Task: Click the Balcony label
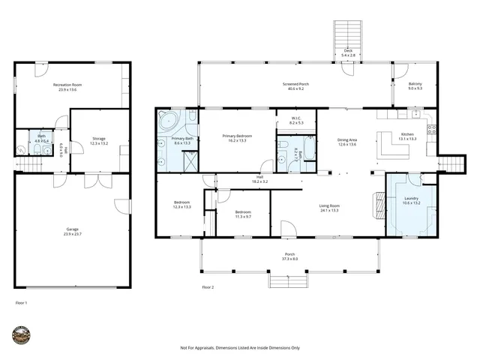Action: click(415, 85)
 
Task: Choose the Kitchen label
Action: click(407, 136)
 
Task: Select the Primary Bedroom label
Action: click(237, 136)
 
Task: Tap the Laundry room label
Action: click(412, 199)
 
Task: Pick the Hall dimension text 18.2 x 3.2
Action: click(260, 182)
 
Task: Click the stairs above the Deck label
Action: click(347, 34)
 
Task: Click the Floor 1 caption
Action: click(21, 303)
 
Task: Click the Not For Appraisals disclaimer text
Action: click(240, 348)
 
